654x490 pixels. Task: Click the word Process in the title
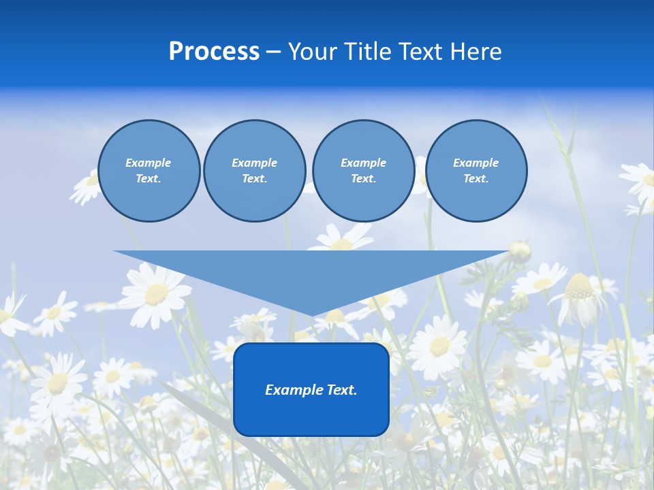pyautogui.click(x=214, y=52)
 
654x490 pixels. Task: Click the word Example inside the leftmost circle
pyautogui.click(x=149, y=163)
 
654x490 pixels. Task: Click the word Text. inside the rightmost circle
pyautogui.click(x=476, y=178)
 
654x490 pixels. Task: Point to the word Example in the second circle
pyautogui.click(x=254, y=163)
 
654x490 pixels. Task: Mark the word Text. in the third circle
pyautogui.click(x=363, y=178)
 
